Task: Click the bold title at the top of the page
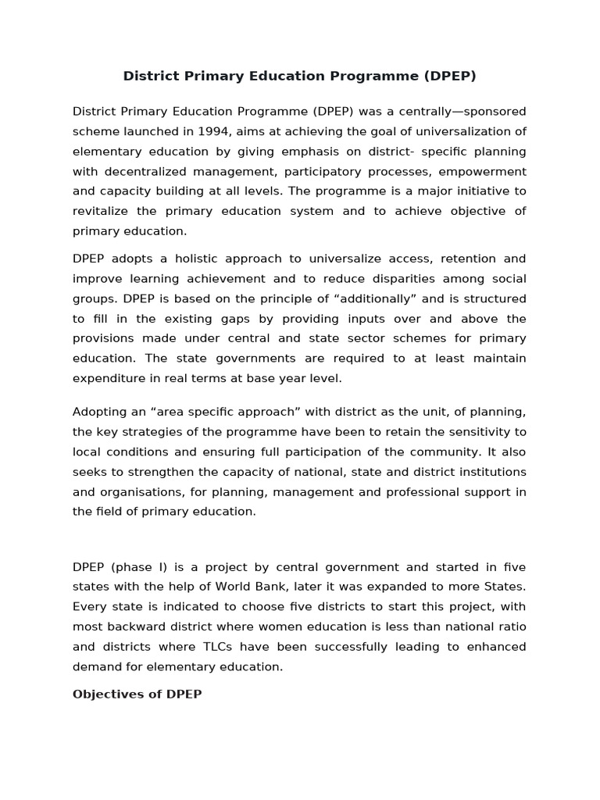[300, 76]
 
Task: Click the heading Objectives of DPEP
[137, 694]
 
